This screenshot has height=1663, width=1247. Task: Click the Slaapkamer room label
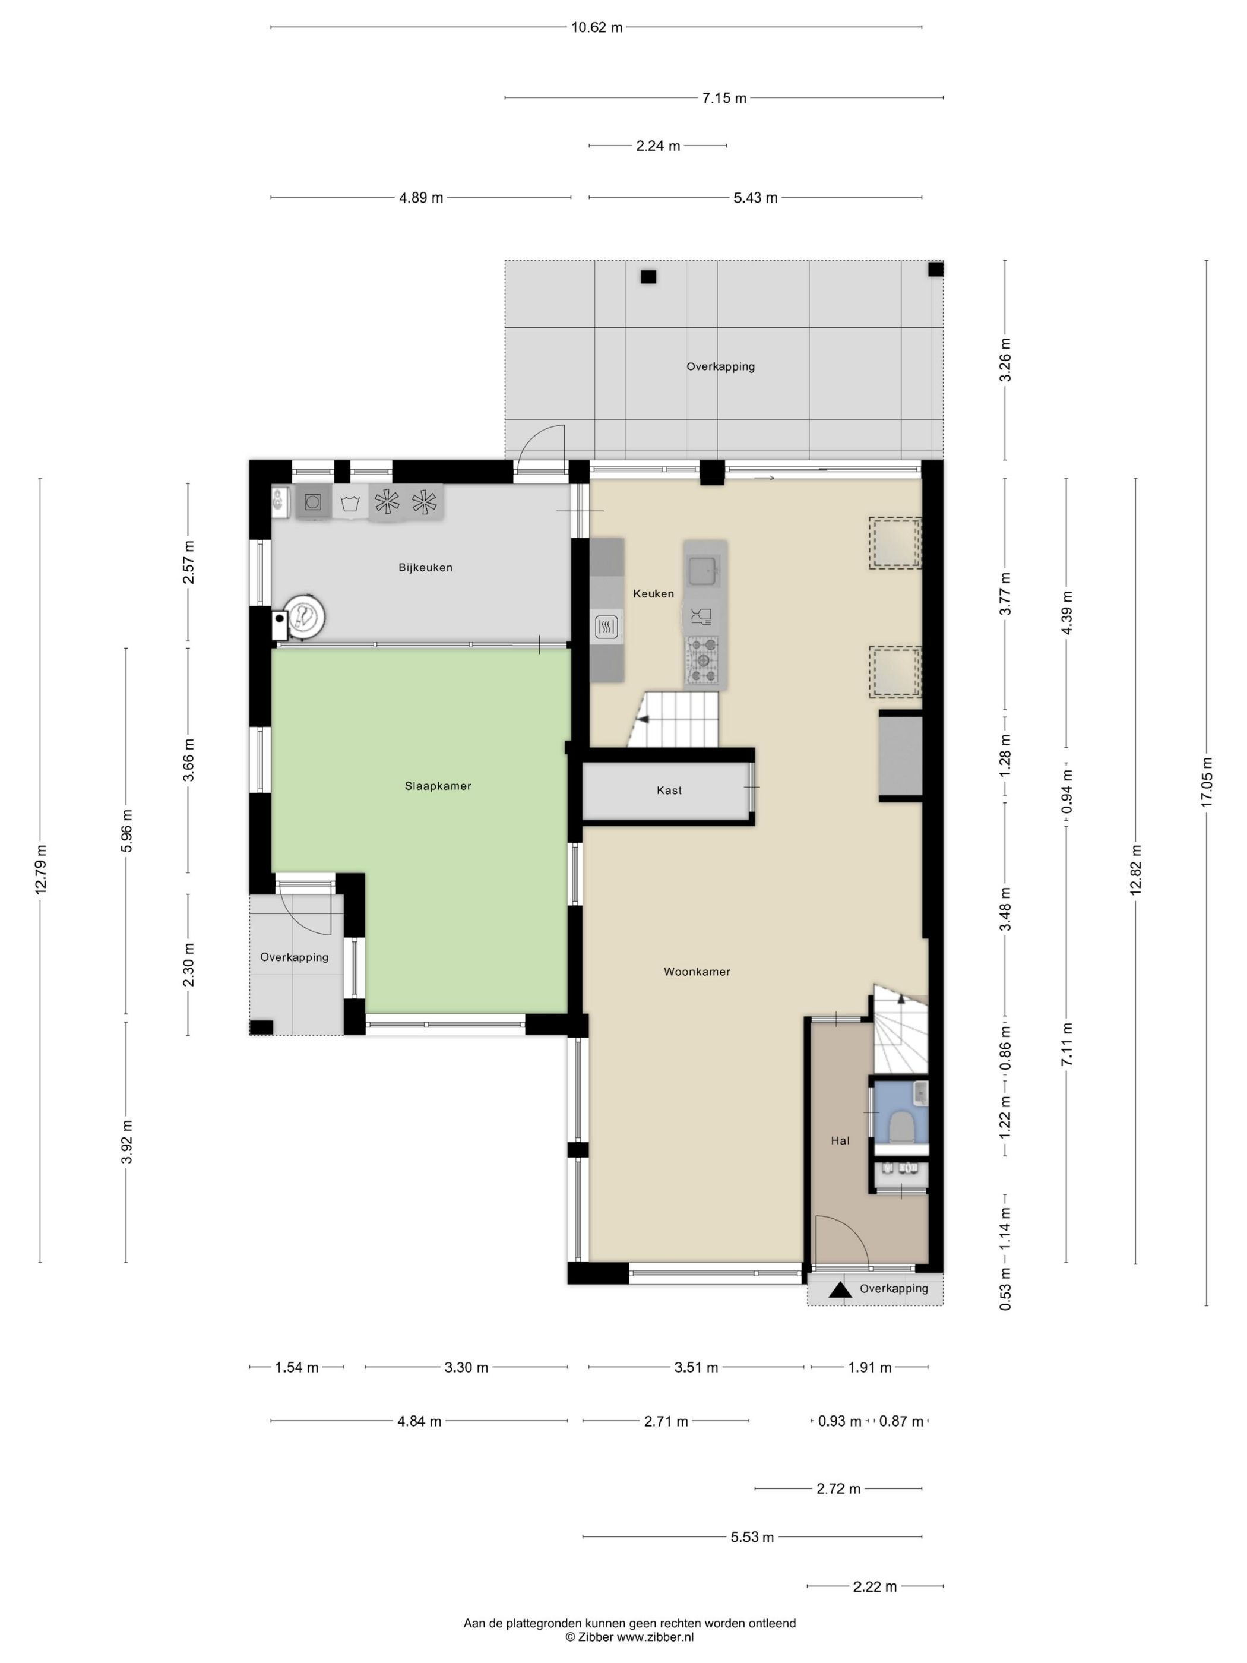438,786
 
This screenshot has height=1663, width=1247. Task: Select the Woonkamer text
697,971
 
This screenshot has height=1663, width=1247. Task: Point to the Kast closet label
669,790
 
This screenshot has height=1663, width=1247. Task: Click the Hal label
840,1140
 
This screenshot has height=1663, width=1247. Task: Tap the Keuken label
653,593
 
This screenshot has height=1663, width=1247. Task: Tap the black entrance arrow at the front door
840,1290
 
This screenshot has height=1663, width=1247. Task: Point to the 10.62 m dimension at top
597,28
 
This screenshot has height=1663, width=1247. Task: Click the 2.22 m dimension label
875,1587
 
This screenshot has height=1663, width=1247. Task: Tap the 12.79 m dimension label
40,868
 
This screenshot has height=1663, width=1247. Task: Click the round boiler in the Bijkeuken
305,616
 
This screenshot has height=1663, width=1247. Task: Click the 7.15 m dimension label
724,98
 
